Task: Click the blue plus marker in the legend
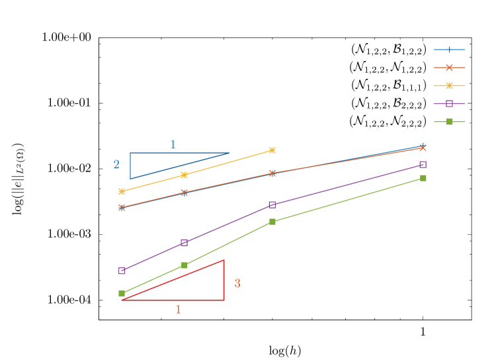(450, 50)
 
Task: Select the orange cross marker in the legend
(450, 67)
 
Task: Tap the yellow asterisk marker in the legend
(450, 85)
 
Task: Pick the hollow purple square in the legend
(450, 103)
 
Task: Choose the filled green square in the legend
(450, 122)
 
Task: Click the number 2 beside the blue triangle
(116, 165)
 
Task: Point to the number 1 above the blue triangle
(173, 144)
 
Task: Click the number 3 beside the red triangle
(237, 283)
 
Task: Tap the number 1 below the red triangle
(178, 309)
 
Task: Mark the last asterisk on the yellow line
(272, 150)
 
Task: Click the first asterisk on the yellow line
(122, 191)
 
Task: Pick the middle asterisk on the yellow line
(185, 175)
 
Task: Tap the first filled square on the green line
(122, 293)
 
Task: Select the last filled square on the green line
(423, 178)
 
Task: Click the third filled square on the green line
(272, 222)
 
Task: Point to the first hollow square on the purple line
(122, 271)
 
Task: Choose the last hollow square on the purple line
(423, 164)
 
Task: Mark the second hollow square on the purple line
(185, 242)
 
